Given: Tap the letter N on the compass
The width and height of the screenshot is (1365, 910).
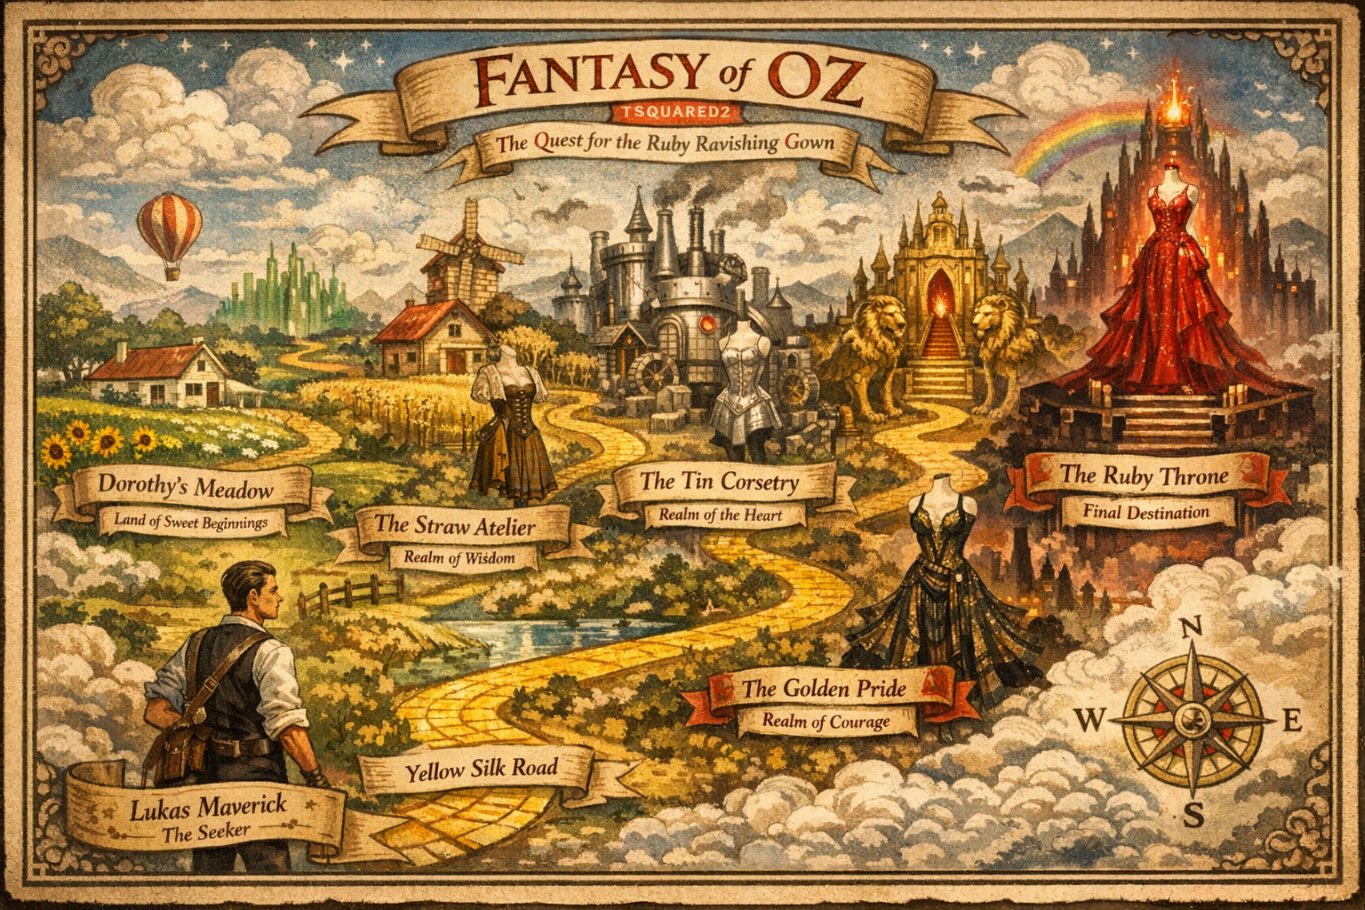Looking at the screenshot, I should (1191, 628).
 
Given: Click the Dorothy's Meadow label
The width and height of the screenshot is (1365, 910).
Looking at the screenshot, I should (186, 487).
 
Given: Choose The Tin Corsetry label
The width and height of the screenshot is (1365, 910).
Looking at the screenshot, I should (720, 483).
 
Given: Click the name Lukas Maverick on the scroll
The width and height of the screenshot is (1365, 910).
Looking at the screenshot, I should (208, 809).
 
